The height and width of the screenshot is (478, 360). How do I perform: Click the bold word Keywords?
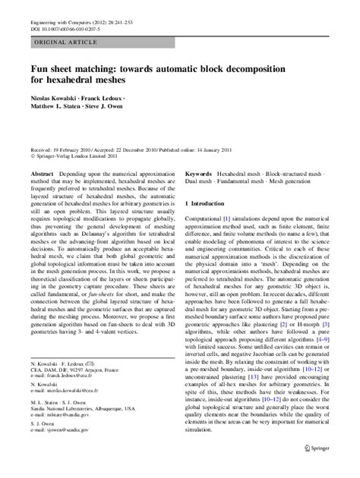[199, 174]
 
